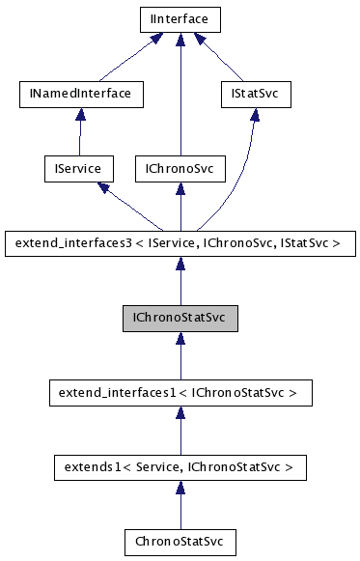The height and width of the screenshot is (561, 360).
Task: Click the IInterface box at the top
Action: click(x=180, y=18)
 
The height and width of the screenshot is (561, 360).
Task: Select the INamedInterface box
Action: click(x=81, y=94)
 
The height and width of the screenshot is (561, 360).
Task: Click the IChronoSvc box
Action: click(x=180, y=168)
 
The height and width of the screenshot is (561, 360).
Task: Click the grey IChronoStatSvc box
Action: click(x=180, y=317)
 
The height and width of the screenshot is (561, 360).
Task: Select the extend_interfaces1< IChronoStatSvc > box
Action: click(x=180, y=392)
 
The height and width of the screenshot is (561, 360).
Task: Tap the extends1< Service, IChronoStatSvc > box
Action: click(x=180, y=467)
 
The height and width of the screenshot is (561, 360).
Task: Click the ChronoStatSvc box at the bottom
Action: click(x=180, y=542)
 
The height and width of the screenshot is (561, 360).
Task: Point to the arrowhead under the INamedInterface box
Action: click(x=81, y=114)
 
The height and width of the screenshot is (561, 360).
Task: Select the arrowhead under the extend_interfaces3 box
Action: click(x=180, y=263)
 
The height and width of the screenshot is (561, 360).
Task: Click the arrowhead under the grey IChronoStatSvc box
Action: click(x=180, y=338)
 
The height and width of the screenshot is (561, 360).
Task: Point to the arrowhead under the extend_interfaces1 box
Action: click(x=180, y=412)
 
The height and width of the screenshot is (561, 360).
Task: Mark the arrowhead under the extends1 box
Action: click(x=180, y=488)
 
